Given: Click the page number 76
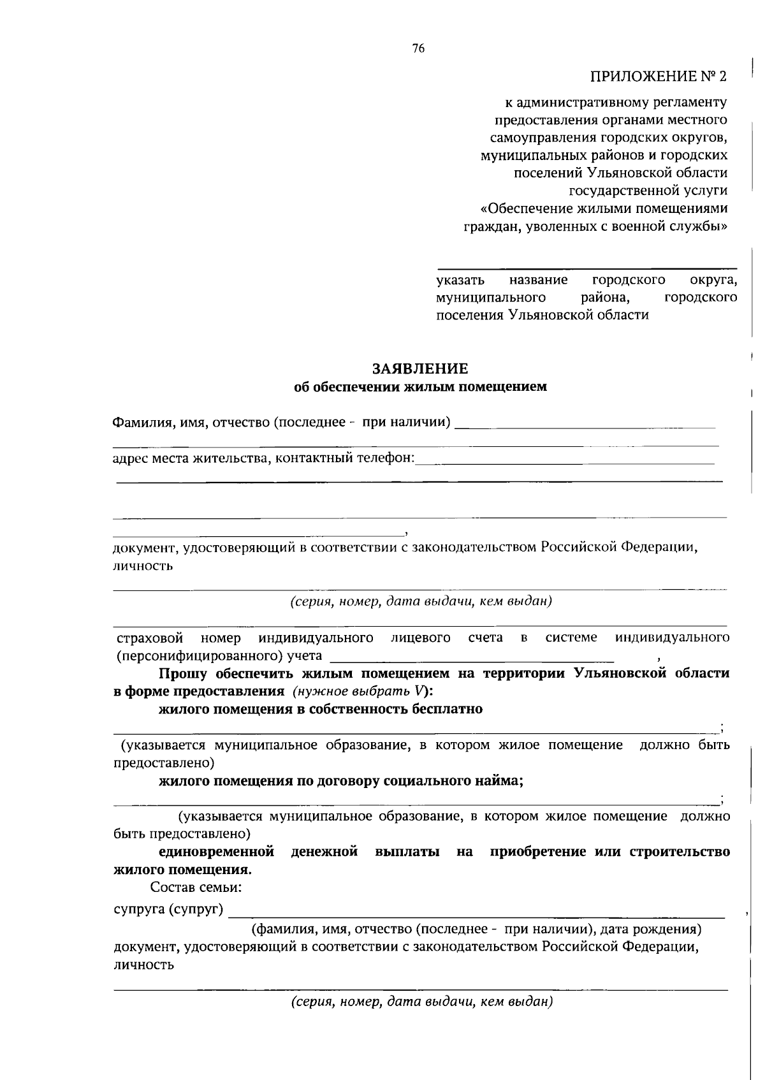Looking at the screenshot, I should tap(418, 49).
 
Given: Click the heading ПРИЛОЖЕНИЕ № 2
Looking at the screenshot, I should tap(658, 77).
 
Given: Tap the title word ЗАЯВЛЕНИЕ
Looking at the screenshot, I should tap(420, 369).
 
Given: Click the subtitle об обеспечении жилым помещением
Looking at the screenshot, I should tap(420, 386).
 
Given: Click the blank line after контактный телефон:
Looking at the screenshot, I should tap(564, 461).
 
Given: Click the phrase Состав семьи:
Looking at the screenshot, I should tap(196, 887).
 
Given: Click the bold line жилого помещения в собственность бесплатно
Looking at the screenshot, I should tap(321, 709).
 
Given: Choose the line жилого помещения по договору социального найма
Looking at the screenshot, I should tap(340, 781).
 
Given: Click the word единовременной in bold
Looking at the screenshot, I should tap(217, 852).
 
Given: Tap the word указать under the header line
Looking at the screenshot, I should tap(460, 280).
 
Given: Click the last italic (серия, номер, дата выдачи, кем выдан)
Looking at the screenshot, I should tap(421, 1002).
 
